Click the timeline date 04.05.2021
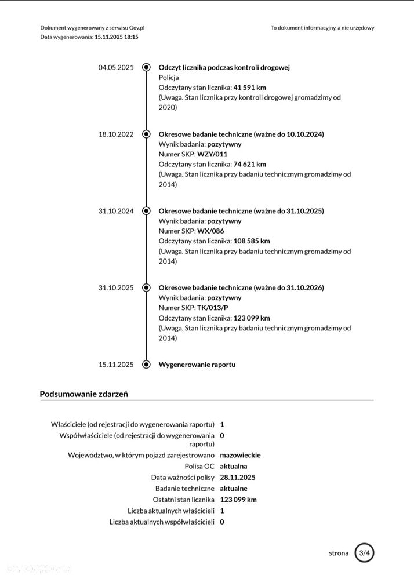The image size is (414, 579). point(116,67)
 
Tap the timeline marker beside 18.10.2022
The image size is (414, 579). point(146,134)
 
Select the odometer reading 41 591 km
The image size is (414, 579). point(249,88)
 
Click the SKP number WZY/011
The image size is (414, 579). point(212,154)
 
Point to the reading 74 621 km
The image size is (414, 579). point(249,164)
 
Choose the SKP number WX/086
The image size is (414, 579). point(210,231)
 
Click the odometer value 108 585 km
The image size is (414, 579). point(252,241)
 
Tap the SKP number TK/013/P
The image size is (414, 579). point(213,308)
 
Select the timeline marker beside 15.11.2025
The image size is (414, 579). point(146,365)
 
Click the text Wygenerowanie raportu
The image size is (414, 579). point(197,365)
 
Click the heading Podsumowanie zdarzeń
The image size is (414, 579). point(83,394)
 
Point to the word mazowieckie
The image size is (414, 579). point(240,455)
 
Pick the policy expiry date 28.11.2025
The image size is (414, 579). point(238,478)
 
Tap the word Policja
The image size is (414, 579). point(169,77)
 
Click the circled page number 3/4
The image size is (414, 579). point(364,553)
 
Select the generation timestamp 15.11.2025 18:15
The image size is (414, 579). point(117,37)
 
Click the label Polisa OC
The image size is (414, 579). point(199,466)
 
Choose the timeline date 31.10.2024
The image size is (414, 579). point(116,211)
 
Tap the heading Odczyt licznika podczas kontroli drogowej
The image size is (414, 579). point(224,67)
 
